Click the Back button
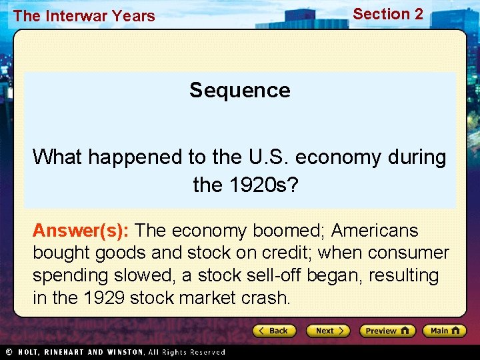(274, 331)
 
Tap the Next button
(328, 331)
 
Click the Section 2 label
(387, 14)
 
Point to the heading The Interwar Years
(84, 16)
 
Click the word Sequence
(239, 90)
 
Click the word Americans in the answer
(375, 231)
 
